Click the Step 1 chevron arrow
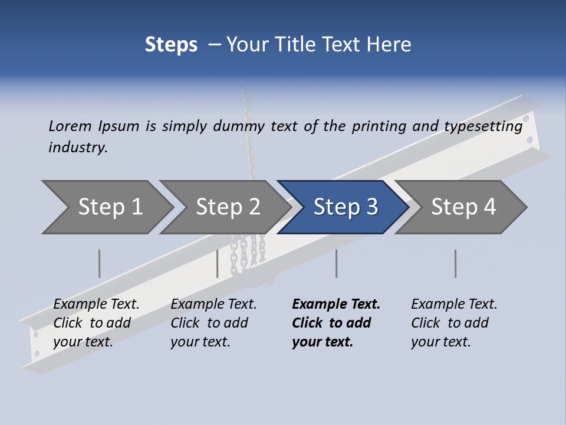coord(109,207)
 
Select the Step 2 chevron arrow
coord(227,207)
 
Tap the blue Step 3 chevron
coord(345,207)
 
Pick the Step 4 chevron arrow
coord(463,207)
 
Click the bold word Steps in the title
coord(171,45)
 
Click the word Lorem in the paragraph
coord(70,126)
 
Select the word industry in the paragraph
coord(78,147)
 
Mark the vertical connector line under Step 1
coord(100,263)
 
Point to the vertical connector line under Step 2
coord(218,263)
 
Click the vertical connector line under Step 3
coord(337,263)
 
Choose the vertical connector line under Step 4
coord(456,263)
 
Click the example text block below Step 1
coord(96,323)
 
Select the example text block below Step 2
coord(213,323)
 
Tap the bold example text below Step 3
coord(336,323)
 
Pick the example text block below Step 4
coord(454,323)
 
